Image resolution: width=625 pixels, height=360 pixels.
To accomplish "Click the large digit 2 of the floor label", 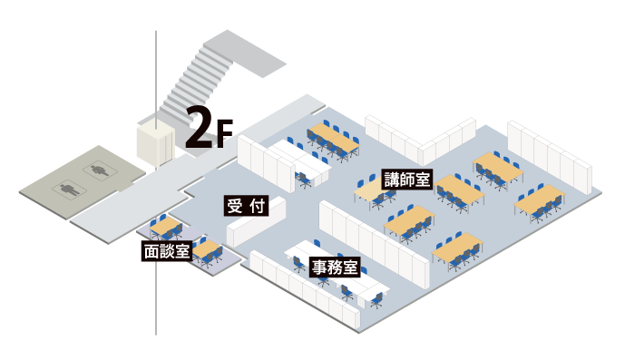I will pos(197,128).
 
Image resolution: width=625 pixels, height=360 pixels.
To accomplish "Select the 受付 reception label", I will pos(246,207).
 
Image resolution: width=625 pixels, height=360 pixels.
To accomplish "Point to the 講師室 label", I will pos(406,179).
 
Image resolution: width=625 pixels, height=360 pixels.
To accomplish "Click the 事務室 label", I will pos(336,268).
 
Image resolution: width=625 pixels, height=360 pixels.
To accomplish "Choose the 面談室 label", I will pos(167,251).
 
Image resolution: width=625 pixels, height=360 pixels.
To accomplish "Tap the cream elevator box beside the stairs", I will pos(154,145).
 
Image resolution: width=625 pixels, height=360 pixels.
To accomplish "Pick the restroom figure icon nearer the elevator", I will pos(97,168).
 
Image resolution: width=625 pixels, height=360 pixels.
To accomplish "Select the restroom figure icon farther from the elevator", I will pos(67,189).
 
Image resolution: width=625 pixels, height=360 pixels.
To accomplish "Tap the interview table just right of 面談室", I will pos(208,248).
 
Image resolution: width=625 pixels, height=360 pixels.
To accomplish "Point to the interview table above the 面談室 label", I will pos(166,224).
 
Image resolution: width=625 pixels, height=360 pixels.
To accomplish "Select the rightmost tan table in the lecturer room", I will pos(539,199).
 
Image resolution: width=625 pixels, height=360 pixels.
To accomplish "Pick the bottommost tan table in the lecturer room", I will pos(457,248).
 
